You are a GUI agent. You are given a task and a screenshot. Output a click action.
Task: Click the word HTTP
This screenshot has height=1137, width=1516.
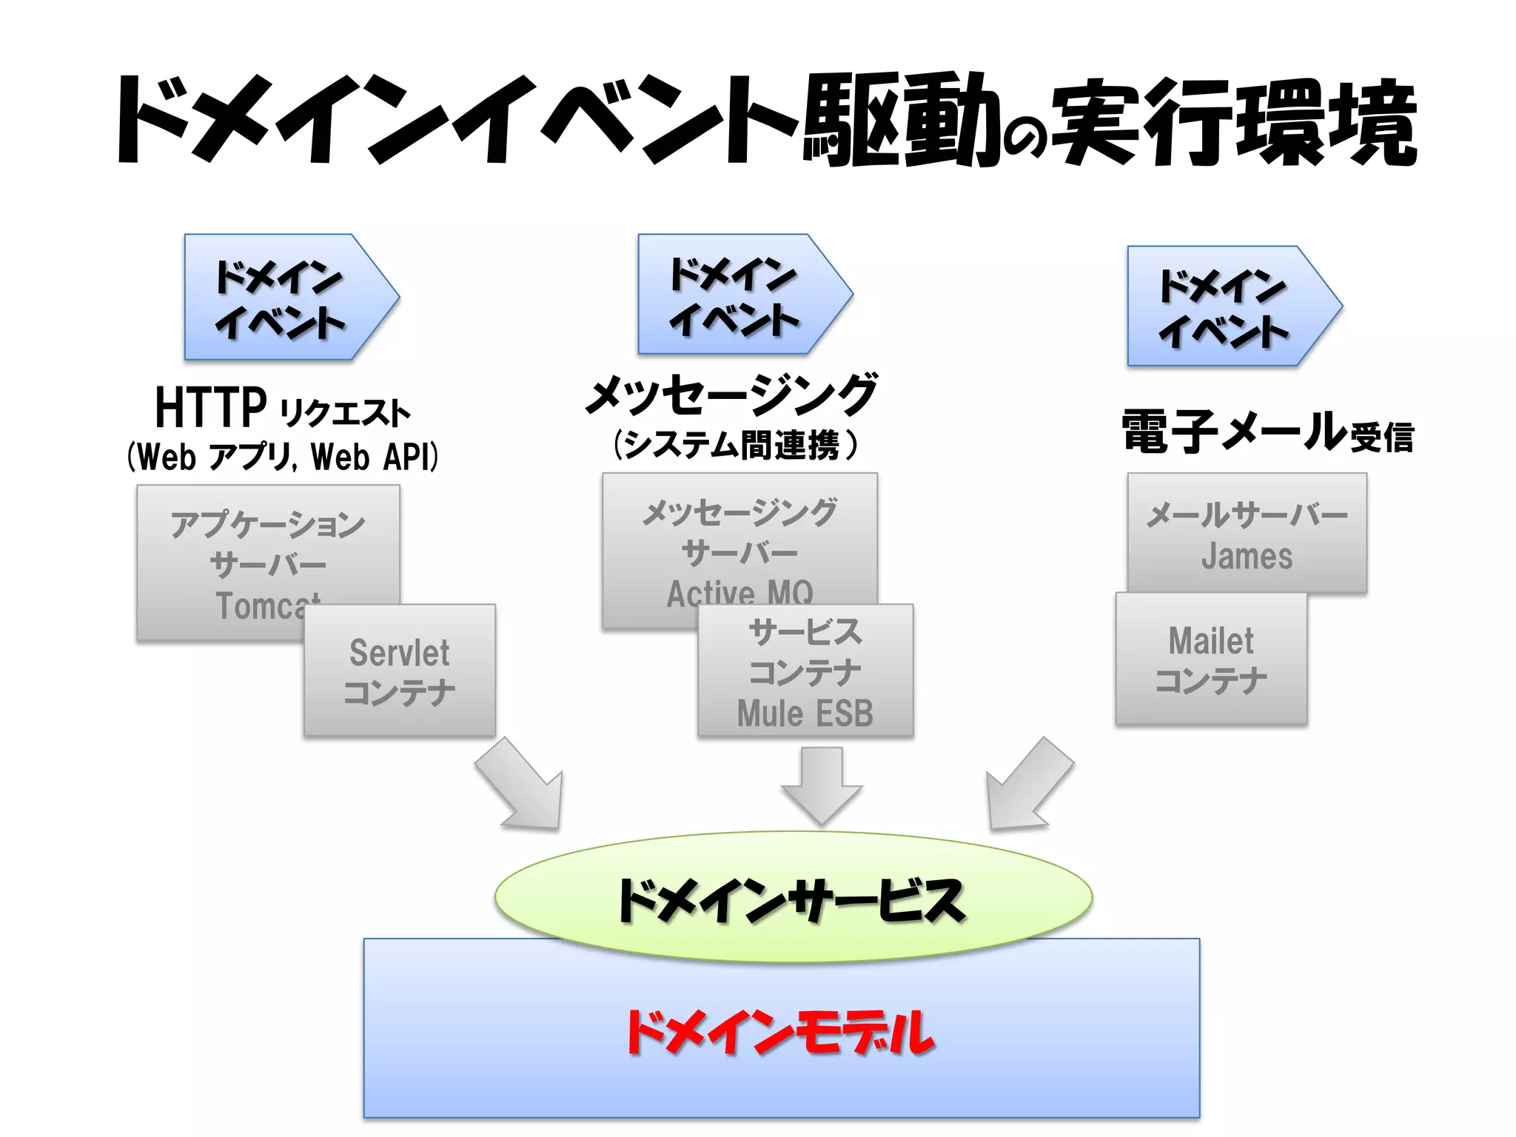click(x=210, y=408)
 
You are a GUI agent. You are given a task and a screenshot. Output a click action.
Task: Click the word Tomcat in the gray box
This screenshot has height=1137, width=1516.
click(x=266, y=607)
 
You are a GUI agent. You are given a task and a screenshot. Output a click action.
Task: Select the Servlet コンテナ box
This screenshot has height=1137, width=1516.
click(x=400, y=671)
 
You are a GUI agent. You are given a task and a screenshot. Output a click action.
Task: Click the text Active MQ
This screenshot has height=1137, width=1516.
click(x=739, y=593)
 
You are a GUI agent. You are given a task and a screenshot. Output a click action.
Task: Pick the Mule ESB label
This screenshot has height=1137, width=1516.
click(x=805, y=714)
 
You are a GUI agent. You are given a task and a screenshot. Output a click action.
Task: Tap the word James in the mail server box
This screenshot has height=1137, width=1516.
click(x=1247, y=557)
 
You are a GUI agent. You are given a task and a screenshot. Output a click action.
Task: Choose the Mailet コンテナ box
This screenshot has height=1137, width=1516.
click(x=1211, y=660)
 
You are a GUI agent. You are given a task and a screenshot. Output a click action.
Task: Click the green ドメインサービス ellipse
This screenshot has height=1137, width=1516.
click(x=792, y=898)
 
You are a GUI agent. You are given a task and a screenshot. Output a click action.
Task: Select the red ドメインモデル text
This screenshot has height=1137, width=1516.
click(x=780, y=1032)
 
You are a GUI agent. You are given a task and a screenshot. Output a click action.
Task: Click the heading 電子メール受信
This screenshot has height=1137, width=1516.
click(x=1267, y=432)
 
